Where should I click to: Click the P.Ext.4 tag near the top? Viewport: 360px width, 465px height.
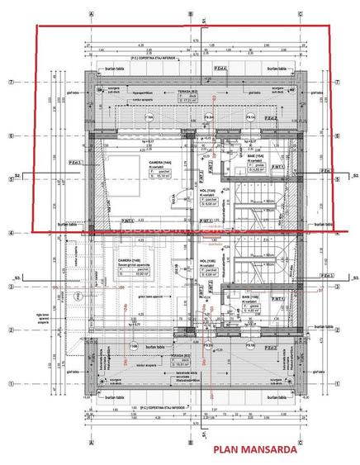[221, 69]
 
